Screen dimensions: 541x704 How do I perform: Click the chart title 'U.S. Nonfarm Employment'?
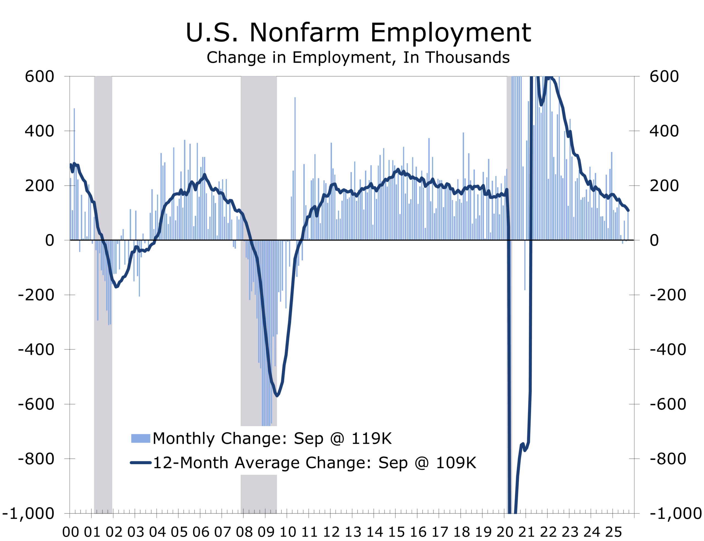pos(358,32)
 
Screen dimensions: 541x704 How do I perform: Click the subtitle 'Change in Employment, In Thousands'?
pos(358,58)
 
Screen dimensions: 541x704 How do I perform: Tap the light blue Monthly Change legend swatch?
pos(141,439)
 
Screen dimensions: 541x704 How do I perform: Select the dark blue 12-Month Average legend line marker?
pos(141,463)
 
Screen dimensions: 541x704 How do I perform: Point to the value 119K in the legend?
pos(371,439)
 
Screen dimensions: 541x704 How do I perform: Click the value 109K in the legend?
pos(456,463)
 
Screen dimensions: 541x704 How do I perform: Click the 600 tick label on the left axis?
pos(39,77)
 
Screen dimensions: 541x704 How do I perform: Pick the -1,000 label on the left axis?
pos(28,513)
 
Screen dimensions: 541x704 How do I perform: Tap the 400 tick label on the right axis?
pos(664,131)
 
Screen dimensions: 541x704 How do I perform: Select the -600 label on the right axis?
pos(668,404)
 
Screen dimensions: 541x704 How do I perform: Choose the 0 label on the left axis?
pos(50,240)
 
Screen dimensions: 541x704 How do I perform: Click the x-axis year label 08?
pos(244,532)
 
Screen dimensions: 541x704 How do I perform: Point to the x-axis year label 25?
pos(613,532)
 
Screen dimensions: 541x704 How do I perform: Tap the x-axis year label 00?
pos(70,532)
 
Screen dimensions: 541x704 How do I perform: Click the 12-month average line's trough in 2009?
pos(277,395)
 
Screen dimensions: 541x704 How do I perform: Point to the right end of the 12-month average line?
pos(628,211)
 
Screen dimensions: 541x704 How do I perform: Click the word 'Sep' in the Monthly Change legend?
pos(308,439)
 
